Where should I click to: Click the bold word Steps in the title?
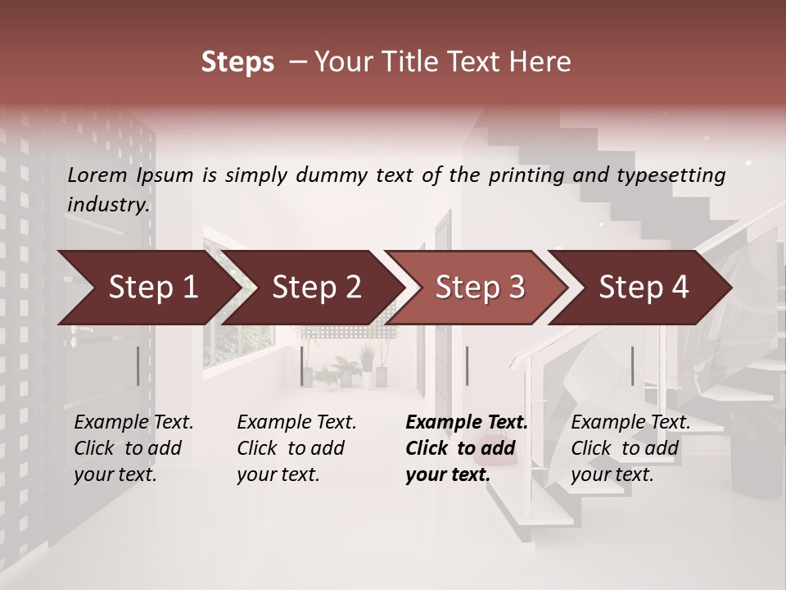click(x=237, y=62)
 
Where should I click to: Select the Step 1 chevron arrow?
click(x=147, y=288)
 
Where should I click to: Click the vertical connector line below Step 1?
click(x=138, y=365)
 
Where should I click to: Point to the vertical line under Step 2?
click(x=302, y=365)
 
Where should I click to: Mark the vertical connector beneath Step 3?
click(x=467, y=365)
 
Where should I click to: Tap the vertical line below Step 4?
click(x=632, y=365)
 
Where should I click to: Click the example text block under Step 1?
click(x=133, y=448)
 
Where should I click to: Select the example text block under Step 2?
click(x=296, y=448)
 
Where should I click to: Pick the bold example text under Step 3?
click(x=467, y=448)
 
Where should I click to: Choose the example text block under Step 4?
click(x=630, y=448)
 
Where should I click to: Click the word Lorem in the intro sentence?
click(x=97, y=175)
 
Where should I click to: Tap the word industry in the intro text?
click(x=108, y=205)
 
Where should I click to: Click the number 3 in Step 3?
click(x=515, y=288)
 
